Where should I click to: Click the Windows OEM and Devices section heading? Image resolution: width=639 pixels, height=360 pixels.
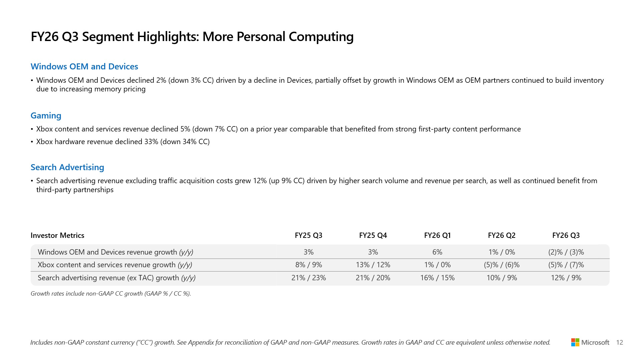tap(84, 66)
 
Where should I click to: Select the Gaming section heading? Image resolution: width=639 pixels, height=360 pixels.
tap(46, 115)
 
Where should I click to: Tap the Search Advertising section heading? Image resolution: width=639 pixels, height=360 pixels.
tap(67, 167)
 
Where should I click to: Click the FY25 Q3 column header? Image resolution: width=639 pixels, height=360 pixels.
tap(308, 235)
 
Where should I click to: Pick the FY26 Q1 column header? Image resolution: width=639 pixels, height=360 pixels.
tap(437, 235)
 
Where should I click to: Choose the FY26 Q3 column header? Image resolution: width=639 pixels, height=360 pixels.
tap(566, 235)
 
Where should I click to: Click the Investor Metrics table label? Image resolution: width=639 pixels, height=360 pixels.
tap(57, 235)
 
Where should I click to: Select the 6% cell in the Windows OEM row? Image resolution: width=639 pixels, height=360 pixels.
tap(437, 252)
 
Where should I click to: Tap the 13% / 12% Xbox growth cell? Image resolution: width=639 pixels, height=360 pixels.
tap(373, 265)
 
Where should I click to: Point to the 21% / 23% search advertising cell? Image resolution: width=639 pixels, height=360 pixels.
tap(308, 278)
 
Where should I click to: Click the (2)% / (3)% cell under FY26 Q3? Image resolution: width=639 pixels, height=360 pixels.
tap(566, 252)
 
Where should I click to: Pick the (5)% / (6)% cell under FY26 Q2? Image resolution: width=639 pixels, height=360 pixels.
tap(502, 265)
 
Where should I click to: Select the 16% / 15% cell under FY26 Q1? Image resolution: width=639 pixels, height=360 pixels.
tap(437, 278)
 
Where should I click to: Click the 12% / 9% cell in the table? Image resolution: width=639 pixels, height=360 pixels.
tap(566, 278)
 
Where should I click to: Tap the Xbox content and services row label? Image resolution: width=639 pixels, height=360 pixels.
tap(115, 265)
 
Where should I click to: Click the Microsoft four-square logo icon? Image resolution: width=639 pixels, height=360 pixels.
tap(575, 342)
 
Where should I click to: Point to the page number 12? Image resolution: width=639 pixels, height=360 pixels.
tap(619, 342)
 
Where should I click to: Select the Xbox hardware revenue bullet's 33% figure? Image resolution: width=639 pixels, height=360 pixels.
tap(151, 141)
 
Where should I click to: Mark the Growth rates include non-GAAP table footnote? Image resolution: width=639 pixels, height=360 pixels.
tap(110, 294)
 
